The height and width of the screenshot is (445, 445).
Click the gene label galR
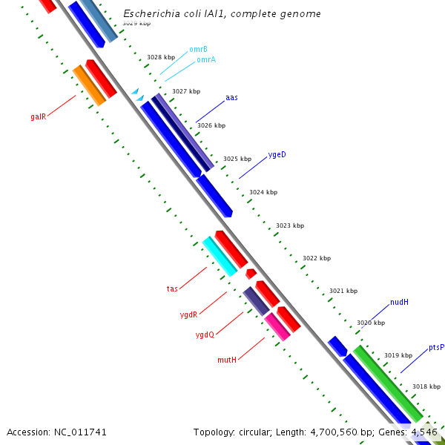click(x=39, y=116)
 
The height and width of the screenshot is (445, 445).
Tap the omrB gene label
click(x=198, y=49)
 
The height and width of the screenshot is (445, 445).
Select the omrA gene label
click(x=206, y=60)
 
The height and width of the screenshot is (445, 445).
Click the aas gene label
click(x=231, y=97)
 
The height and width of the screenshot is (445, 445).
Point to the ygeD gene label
click(x=277, y=155)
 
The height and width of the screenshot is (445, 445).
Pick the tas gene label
click(x=172, y=289)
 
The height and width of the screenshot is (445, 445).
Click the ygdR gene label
click(x=188, y=314)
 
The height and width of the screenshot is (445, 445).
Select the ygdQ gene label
click(x=205, y=334)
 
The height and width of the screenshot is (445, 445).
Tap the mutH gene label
click(x=227, y=360)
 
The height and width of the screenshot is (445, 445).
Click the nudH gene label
click(x=399, y=302)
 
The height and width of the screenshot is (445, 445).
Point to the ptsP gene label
click(x=436, y=347)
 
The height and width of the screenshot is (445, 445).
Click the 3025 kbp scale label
click(x=237, y=159)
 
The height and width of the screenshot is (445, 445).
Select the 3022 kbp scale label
click(x=316, y=258)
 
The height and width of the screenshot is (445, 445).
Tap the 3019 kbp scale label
click(x=398, y=355)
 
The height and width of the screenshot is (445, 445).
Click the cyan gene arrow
click(x=220, y=256)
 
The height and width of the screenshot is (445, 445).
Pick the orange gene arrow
click(x=89, y=85)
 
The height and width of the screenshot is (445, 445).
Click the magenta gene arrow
click(x=277, y=326)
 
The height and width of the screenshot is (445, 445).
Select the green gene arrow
click(x=387, y=383)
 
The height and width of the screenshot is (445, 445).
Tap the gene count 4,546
click(x=424, y=432)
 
